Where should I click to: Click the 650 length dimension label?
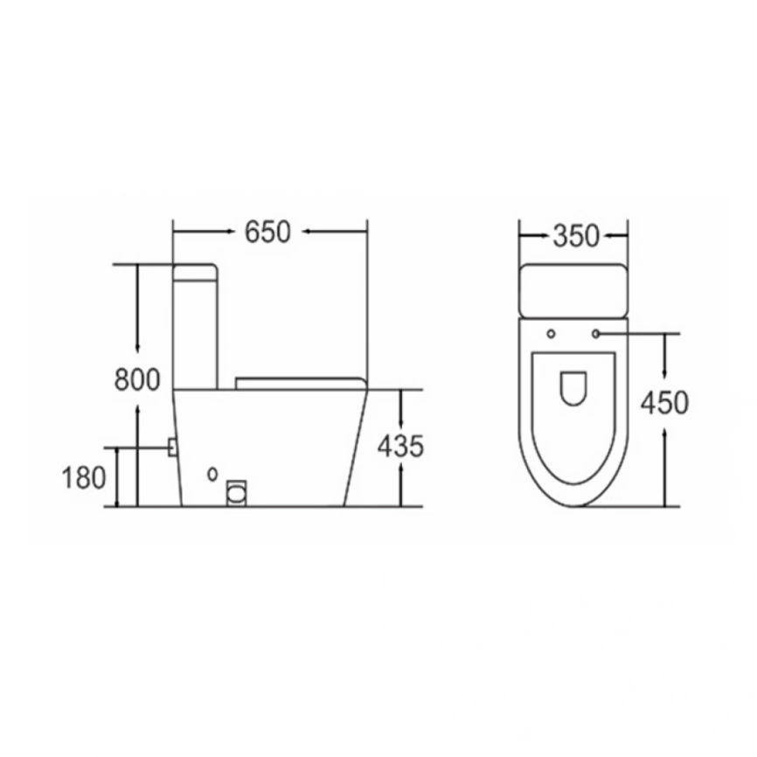[267, 232]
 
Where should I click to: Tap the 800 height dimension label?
[137, 379]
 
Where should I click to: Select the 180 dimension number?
[84, 478]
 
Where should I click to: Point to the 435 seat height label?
[400, 446]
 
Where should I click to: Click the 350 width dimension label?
[575, 236]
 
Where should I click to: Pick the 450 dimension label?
[664, 403]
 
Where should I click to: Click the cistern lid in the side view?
[195, 272]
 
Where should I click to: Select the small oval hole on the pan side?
[212, 474]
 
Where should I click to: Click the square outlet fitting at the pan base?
[237, 493]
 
